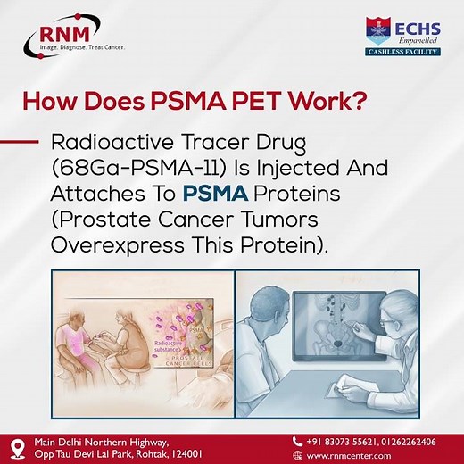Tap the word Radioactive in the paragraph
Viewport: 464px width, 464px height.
[x=118, y=143]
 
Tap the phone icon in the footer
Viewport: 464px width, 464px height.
[x=298, y=441]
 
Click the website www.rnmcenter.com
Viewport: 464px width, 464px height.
[x=352, y=455]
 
